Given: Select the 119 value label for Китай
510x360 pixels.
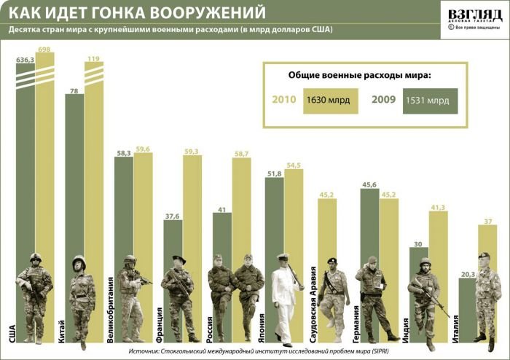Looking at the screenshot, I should click(x=93, y=58).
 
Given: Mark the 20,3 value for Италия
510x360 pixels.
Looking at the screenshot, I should click(x=466, y=275).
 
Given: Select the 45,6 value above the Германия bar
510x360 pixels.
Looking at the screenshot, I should click(x=369, y=185).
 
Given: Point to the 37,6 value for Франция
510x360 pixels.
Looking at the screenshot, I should click(x=173, y=216).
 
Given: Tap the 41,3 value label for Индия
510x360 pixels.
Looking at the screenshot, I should click(x=439, y=208).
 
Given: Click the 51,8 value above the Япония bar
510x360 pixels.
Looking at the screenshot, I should click(x=274, y=173).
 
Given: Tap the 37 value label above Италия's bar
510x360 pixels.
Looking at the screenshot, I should click(x=486, y=222).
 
